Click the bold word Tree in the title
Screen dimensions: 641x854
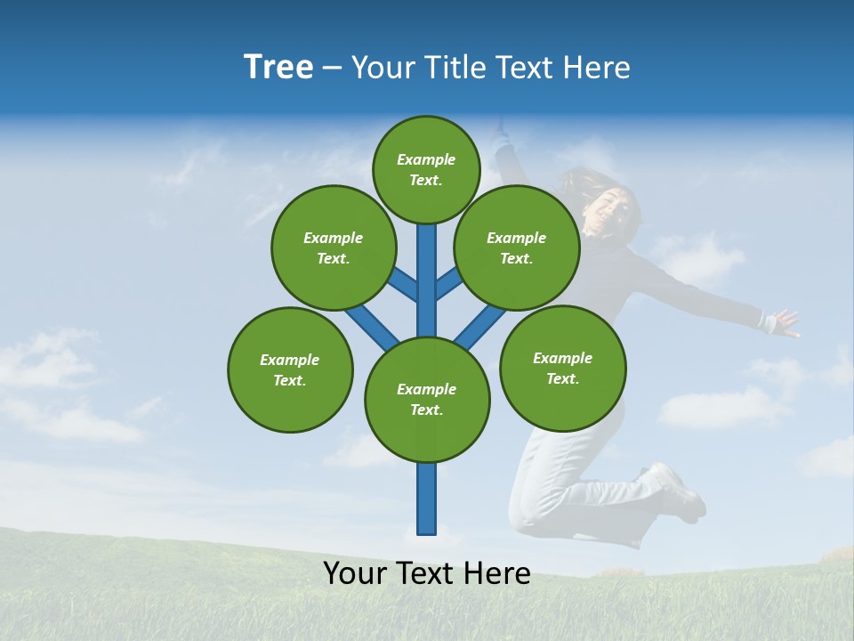278,67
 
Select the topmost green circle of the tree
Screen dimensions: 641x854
426,169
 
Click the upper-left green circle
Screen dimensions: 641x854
333,247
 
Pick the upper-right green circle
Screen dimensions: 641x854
516,247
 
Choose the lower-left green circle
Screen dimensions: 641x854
290,369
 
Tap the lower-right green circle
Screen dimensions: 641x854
562,367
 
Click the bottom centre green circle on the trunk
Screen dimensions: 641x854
427,399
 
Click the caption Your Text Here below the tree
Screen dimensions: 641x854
427,574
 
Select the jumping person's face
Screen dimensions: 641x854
616,211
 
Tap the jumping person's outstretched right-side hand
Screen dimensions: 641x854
783,321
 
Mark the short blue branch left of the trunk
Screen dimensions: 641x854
402,284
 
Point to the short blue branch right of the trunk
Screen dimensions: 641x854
450,284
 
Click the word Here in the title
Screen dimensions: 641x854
599,68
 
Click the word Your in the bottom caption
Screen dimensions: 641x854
354,574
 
